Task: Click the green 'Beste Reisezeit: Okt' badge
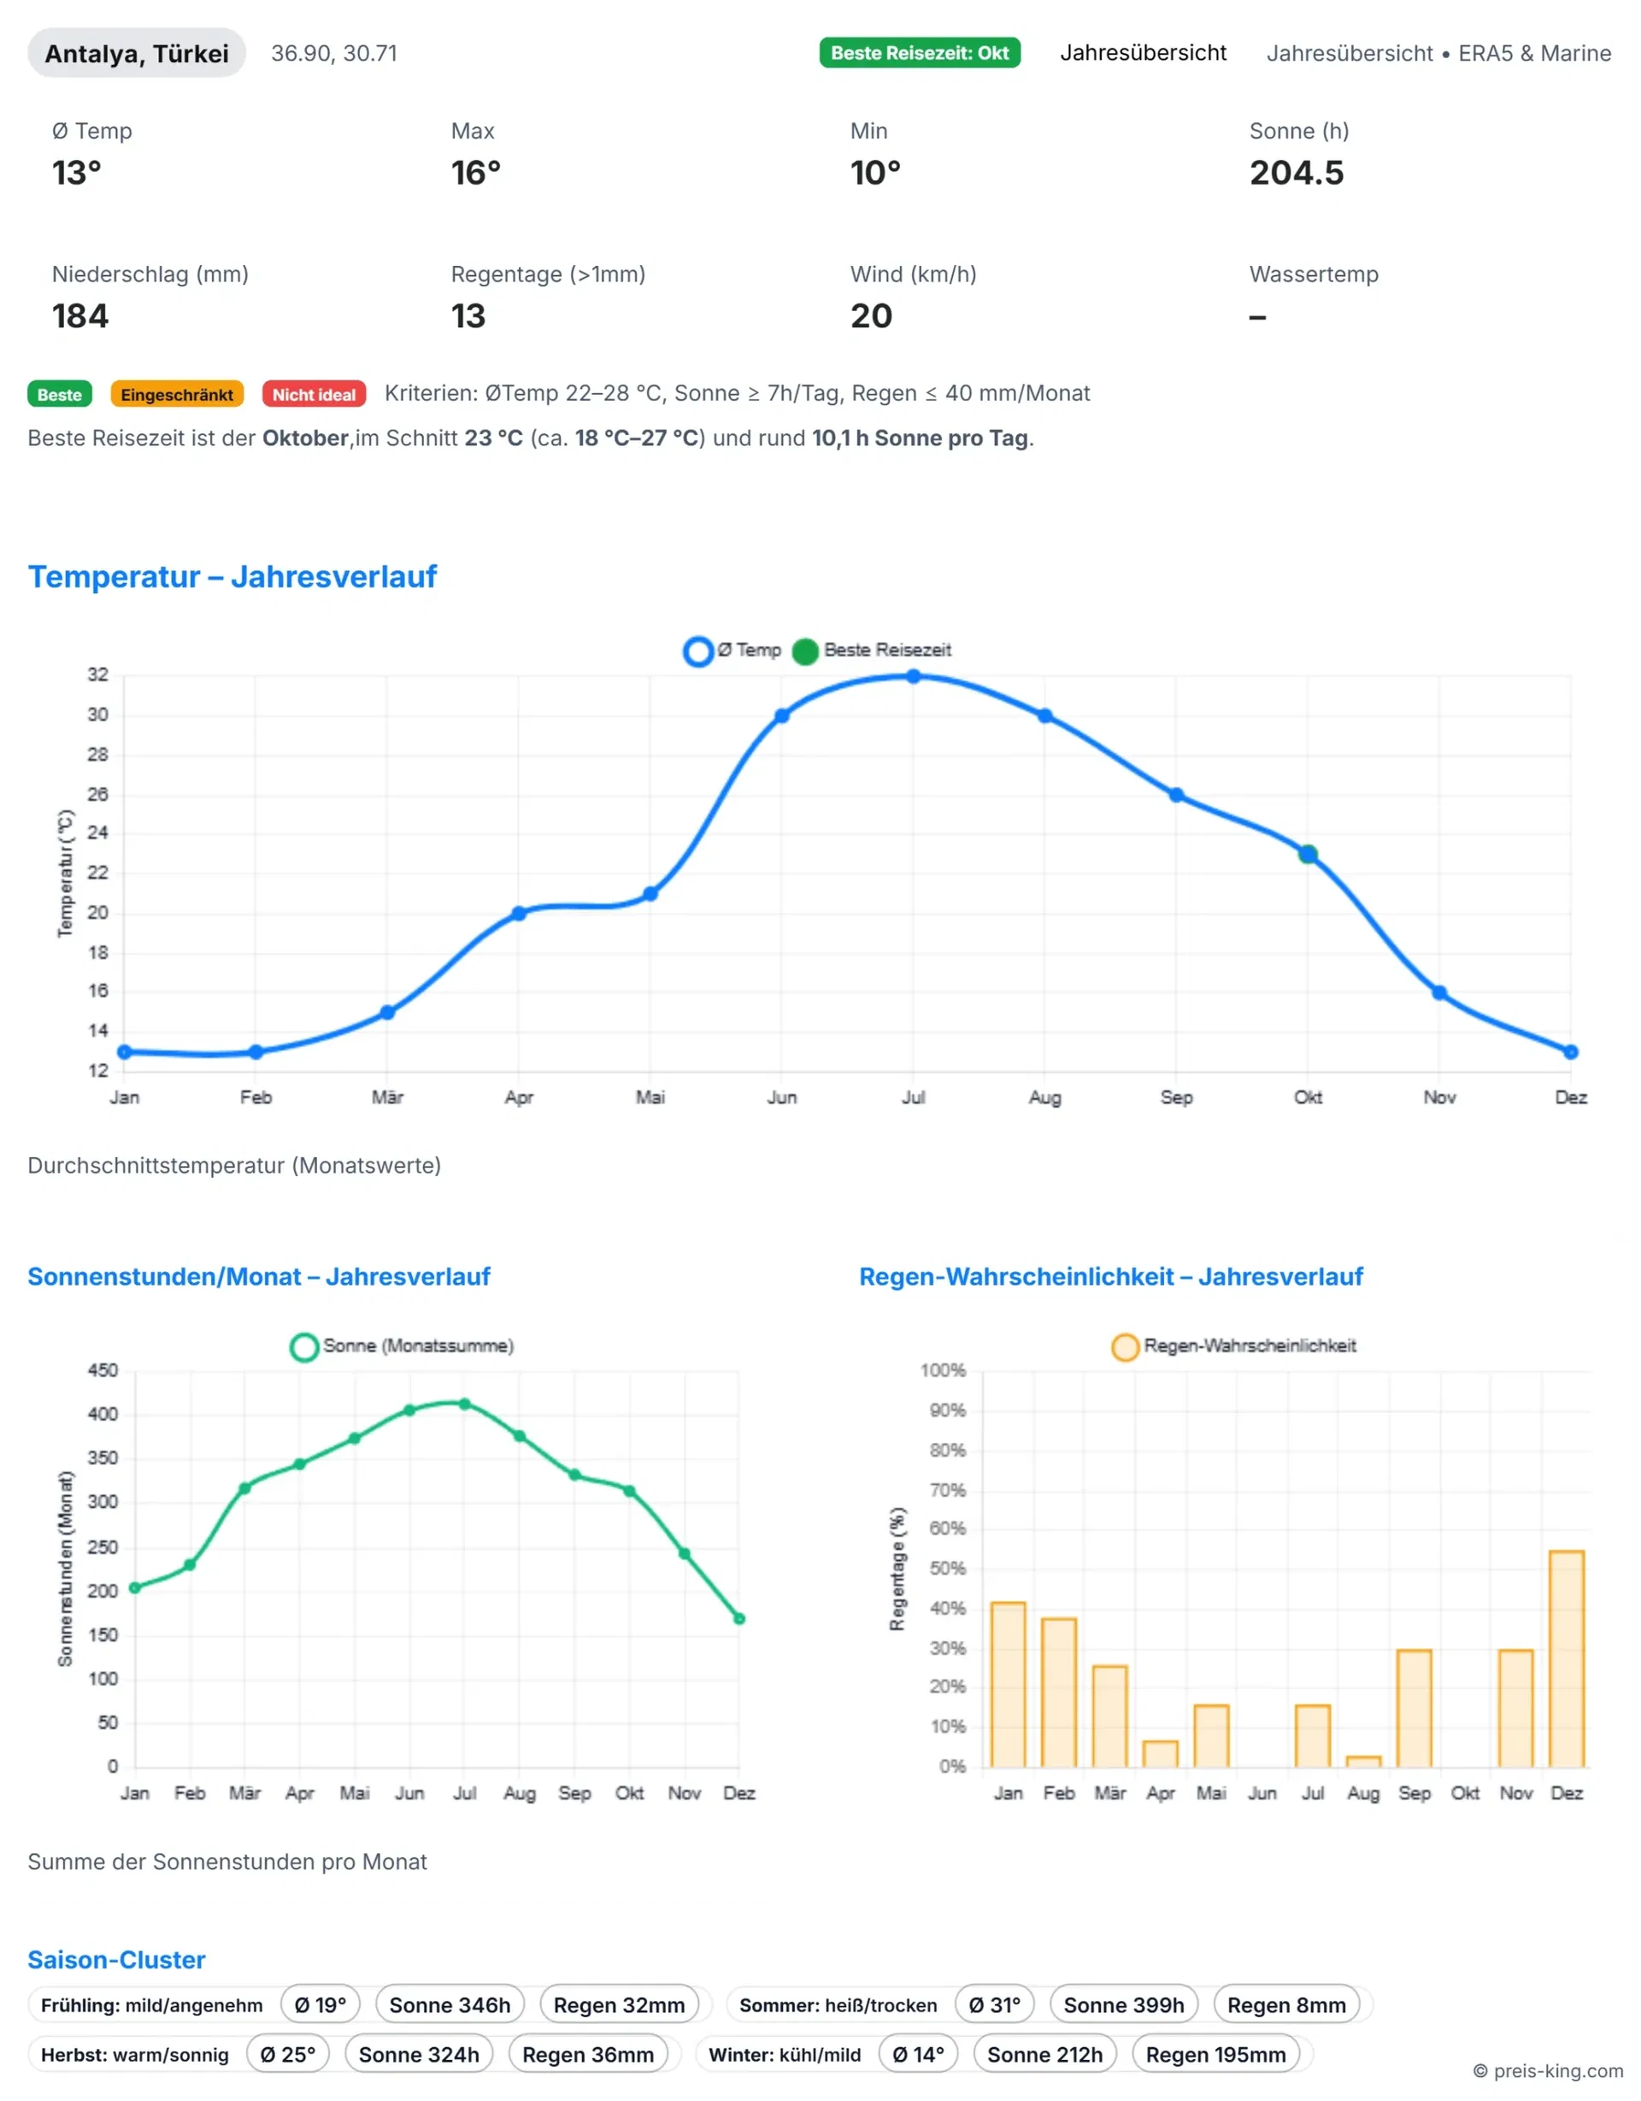pyautogui.click(x=919, y=53)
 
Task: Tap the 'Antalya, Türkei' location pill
pyautogui.click(x=137, y=53)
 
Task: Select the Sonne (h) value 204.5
pyautogui.click(x=1296, y=174)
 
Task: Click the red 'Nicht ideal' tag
pyautogui.click(x=314, y=394)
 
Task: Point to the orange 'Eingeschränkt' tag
pyautogui.click(x=177, y=394)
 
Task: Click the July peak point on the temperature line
pyautogui.click(x=913, y=676)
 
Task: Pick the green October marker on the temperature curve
pyautogui.click(x=1307, y=853)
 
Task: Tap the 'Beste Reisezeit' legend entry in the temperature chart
pyautogui.click(x=873, y=650)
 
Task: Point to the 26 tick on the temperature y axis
pyautogui.click(x=98, y=795)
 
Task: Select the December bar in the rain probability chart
pyautogui.click(x=1566, y=1658)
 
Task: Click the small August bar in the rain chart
pyautogui.click(x=1363, y=1761)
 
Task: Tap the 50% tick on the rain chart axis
pyautogui.click(x=949, y=1568)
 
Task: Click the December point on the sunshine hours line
pyautogui.click(x=738, y=1619)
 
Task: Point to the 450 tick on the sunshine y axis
pyautogui.click(x=103, y=1370)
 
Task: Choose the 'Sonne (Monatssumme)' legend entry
pyautogui.click(x=402, y=1346)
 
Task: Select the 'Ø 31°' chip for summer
pyautogui.click(x=994, y=2004)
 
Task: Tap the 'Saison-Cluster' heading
pyautogui.click(x=116, y=1960)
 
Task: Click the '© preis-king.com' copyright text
pyautogui.click(x=1548, y=2071)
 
